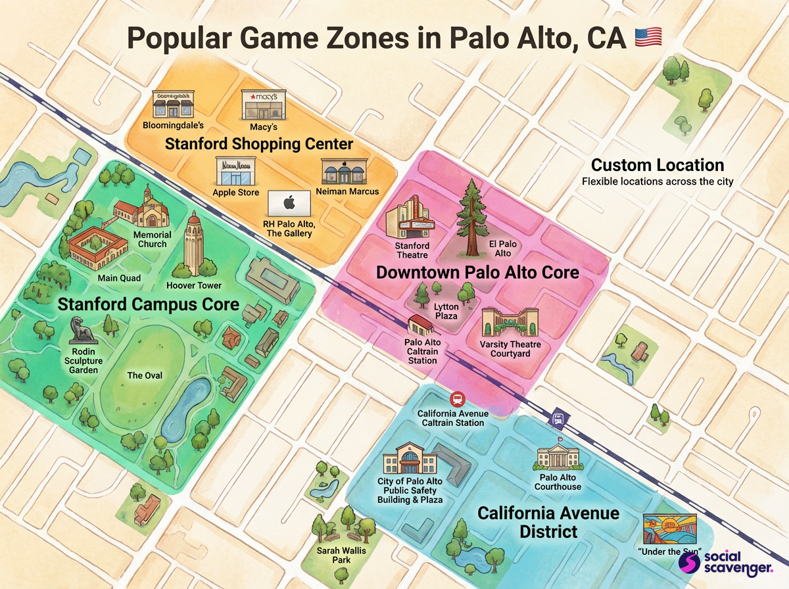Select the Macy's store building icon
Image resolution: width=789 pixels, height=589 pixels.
click(263, 105)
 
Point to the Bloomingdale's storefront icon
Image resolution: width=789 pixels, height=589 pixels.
click(172, 105)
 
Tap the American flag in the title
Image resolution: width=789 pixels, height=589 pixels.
click(648, 37)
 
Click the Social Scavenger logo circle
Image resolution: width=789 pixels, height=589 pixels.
click(688, 563)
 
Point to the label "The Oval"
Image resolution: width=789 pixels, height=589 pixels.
click(145, 375)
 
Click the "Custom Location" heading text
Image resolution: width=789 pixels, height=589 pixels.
click(657, 165)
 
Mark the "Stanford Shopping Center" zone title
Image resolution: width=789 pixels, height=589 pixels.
click(259, 144)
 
